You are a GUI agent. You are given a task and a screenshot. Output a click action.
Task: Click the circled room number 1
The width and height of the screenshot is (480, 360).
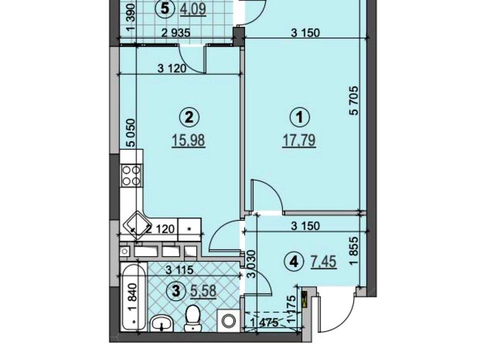click(299, 117)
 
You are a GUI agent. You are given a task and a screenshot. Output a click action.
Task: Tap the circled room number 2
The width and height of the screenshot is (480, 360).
click(189, 117)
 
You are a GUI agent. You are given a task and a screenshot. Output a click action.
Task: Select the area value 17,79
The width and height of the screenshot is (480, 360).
click(299, 141)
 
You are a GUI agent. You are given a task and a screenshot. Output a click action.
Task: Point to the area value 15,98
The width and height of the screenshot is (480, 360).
click(188, 141)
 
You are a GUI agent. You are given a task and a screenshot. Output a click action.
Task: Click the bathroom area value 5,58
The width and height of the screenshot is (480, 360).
click(203, 291)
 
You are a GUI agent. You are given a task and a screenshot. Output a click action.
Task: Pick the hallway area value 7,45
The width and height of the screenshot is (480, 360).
click(324, 261)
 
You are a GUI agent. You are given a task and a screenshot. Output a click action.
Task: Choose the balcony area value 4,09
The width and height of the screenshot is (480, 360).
click(192, 8)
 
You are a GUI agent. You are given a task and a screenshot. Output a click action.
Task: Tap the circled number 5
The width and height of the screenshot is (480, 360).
click(165, 8)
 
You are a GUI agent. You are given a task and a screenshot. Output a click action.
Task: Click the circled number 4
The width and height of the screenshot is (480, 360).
click(294, 261)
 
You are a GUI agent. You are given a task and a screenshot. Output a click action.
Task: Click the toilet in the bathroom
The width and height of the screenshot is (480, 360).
click(193, 317)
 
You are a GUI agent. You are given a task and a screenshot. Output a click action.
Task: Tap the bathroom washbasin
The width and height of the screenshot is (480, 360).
click(162, 323)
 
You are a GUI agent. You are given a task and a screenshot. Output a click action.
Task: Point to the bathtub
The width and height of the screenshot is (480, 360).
click(133, 296)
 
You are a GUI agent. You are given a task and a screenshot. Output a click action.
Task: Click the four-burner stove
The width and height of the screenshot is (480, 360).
click(131, 175)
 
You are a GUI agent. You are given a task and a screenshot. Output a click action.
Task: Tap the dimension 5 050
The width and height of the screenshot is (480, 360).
click(130, 133)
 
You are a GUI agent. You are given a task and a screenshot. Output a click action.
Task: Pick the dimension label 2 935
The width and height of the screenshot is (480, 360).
click(175, 32)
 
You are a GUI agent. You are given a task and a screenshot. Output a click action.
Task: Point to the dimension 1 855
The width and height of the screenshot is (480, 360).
click(353, 251)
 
